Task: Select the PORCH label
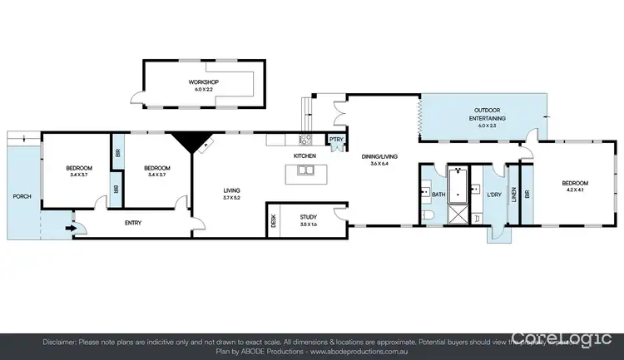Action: tap(22, 197)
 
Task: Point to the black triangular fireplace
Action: tap(191, 141)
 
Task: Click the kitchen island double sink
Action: tap(305, 172)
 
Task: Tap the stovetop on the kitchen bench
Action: tap(305, 139)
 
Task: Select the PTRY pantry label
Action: tap(336, 140)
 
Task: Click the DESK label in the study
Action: tap(273, 219)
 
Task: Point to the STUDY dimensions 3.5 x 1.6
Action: tap(308, 224)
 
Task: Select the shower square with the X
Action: tap(458, 215)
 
